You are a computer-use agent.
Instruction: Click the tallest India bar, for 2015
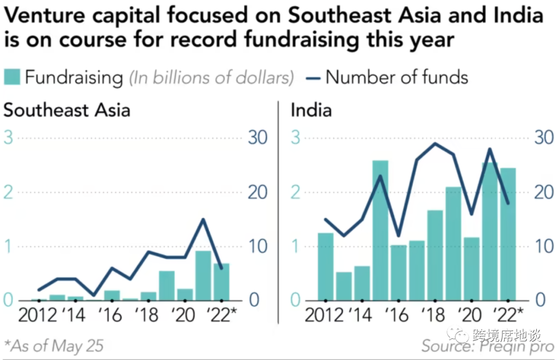pyautogui.click(x=380, y=230)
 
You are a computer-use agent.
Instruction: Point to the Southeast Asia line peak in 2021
pyautogui.click(x=203, y=219)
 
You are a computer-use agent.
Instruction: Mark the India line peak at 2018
pyautogui.click(x=435, y=143)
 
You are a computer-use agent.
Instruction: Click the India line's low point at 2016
pyautogui.click(x=398, y=235)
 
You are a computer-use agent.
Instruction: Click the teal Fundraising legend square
pyautogui.click(x=12, y=78)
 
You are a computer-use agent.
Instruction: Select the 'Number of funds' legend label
pyautogui.click(x=396, y=78)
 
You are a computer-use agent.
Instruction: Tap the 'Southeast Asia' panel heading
pyautogui.click(x=67, y=110)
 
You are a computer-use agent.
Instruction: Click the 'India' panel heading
pyautogui.click(x=311, y=110)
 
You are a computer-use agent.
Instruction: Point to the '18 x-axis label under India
pyautogui.click(x=434, y=315)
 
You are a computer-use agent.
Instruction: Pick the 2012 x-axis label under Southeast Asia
pyautogui.click(x=38, y=315)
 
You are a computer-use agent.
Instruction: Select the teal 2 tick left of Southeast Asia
pyautogui.click(x=8, y=192)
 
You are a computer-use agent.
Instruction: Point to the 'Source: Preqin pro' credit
pyautogui.click(x=488, y=346)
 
